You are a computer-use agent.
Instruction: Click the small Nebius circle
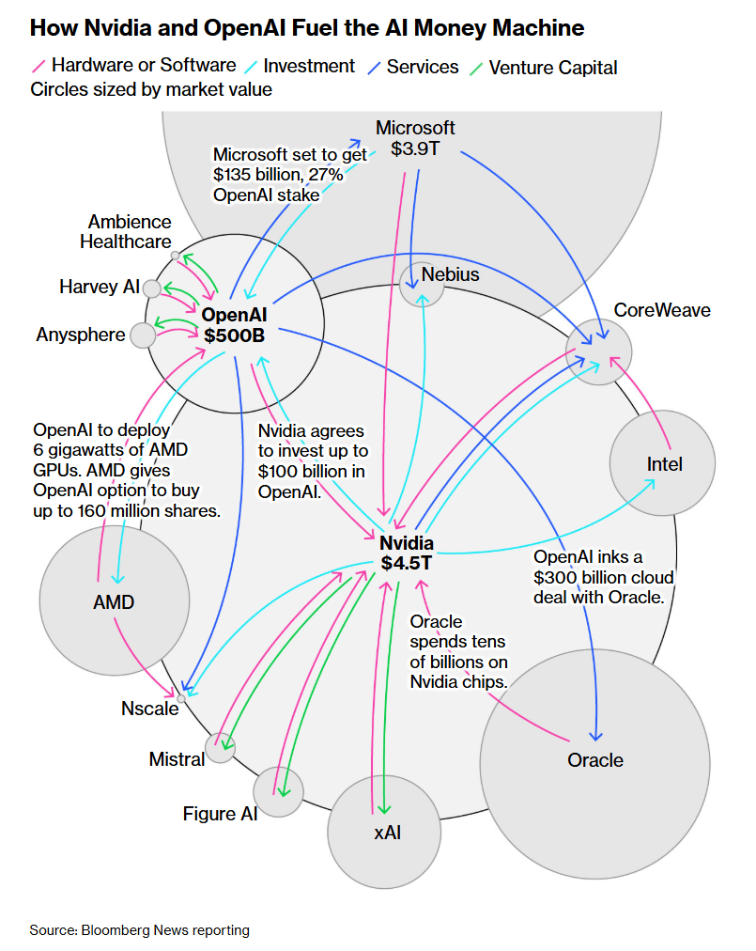pos(421,284)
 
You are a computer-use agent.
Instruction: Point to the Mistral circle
pos(221,747)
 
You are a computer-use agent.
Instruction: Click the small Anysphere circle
pos(143,335)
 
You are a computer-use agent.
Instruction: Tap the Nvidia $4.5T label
pos(407,553)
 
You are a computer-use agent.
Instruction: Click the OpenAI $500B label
pos(234,323)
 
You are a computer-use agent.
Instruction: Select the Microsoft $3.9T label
pos(415,137)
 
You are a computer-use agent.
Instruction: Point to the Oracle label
pos(595,760)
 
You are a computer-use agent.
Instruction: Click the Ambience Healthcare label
pos(130,231)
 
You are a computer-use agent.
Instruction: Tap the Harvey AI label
pos(99,287)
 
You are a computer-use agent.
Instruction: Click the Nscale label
pos(149,709)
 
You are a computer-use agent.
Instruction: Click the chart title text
pos(307,28)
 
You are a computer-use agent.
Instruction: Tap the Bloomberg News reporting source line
pos(139,930)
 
